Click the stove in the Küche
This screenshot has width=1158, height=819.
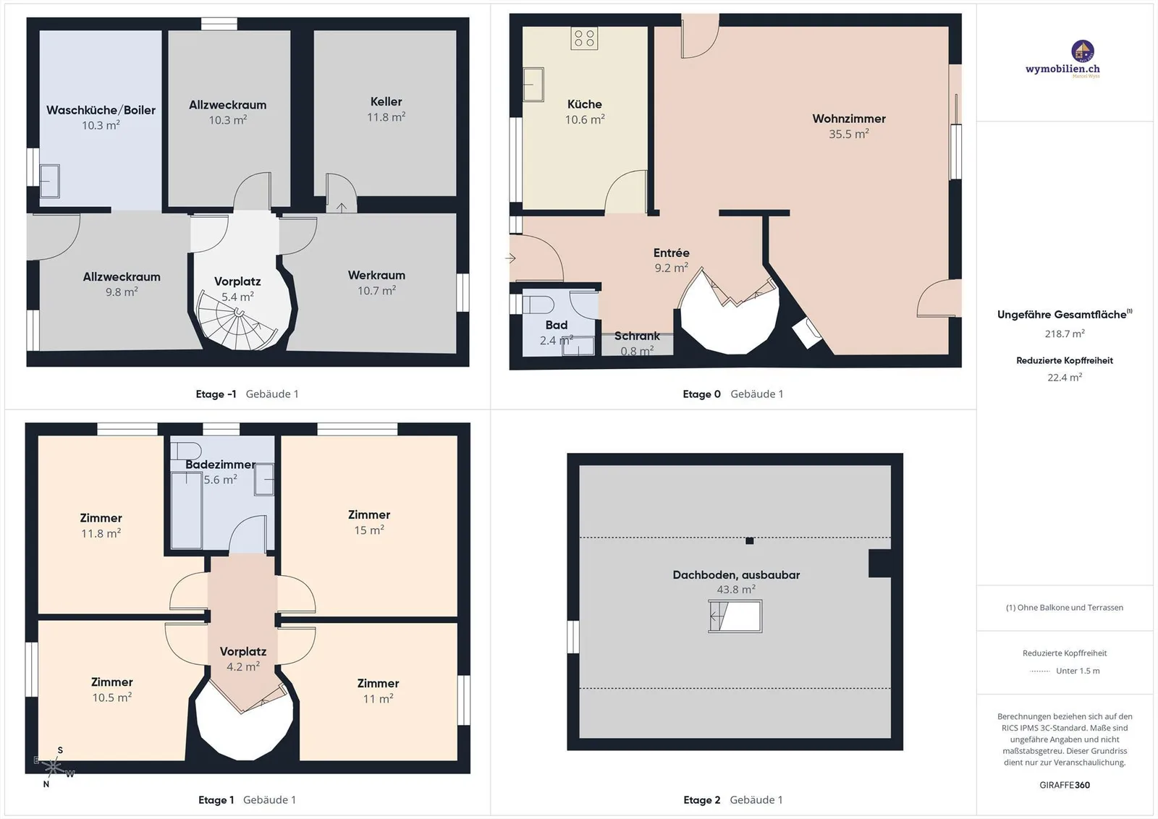[x=584, y=38]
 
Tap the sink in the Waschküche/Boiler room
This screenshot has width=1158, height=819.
[x=50, y=181]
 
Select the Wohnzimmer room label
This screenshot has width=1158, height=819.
[x=849, y=119]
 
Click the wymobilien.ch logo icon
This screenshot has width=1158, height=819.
[x=1083, y=51]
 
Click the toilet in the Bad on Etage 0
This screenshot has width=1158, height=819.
[x=538, y=305]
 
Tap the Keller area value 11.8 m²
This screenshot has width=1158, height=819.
[x=386, y=117]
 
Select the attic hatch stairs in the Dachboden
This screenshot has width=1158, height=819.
[x=735, y=616]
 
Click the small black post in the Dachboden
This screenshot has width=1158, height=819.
[x=750, y=541]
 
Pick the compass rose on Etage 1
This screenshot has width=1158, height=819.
[x=54, y=768]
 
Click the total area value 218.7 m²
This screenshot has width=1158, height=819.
[x=1065, y=334]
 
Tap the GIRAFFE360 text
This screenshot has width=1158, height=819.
[x=1065, y=785]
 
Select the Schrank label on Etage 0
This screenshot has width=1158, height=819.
[x=637, y=336]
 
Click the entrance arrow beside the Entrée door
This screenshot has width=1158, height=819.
[x=510, y=258]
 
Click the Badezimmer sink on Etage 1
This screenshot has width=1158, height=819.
[x=264, y=480]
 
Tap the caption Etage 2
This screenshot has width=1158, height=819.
[x=701, y=800]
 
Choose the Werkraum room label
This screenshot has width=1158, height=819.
[x=376, y=276]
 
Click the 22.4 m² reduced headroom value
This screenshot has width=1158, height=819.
[x=1065, y=377]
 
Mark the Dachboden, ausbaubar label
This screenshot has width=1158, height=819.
[x=736, y=575]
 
